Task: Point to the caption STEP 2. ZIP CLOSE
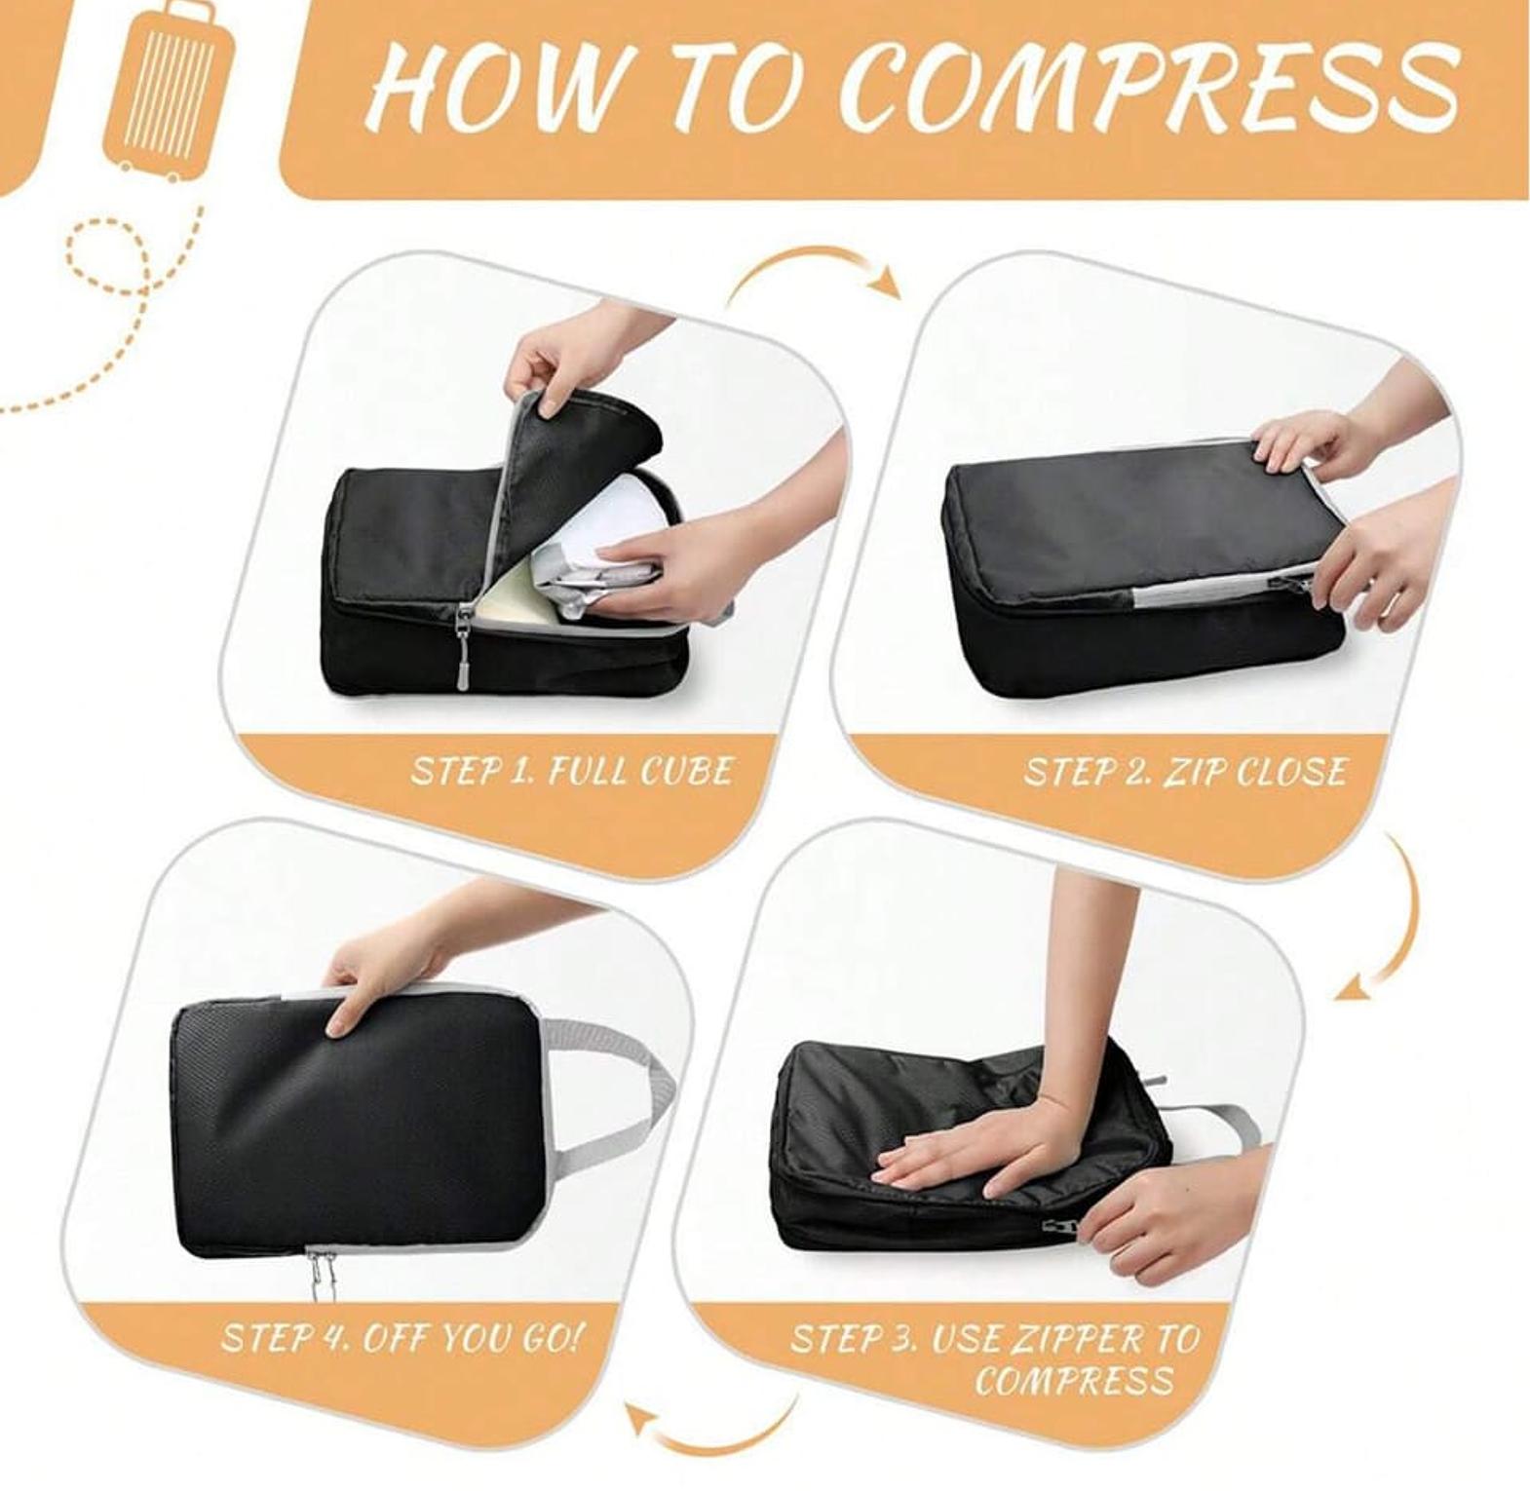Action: pyautogui.click(x=1184, y=772)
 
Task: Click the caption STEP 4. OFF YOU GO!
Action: pyautogui.click(x=401, y=1337)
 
